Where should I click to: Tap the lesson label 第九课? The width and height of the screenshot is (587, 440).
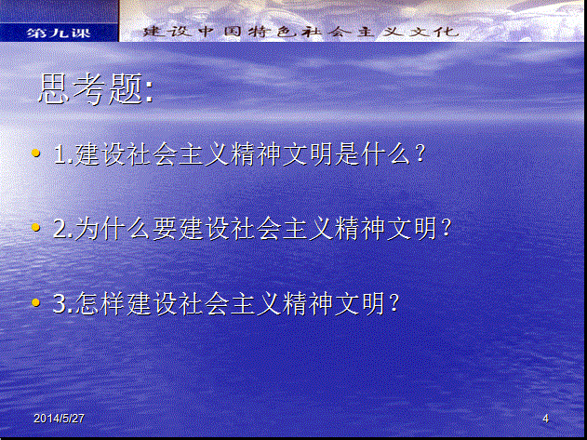59,33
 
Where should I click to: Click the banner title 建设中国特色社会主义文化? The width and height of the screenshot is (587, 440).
300,32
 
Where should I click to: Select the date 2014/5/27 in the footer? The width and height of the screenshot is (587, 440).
59,419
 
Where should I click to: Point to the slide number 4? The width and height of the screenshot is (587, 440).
546,419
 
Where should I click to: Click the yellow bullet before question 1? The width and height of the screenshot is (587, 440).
36,153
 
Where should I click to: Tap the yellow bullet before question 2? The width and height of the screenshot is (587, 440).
36,227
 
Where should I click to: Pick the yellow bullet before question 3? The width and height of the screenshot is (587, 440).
36,302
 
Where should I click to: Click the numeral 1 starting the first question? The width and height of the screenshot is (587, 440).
60,153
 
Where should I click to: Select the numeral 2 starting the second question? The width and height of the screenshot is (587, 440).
60,229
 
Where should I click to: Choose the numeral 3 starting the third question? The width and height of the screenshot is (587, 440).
60,303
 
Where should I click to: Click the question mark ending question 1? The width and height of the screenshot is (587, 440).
420,153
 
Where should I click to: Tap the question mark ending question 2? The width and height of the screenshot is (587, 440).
446,228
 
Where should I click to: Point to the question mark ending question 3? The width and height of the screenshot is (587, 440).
394,303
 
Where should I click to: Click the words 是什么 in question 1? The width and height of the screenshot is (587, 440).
373,153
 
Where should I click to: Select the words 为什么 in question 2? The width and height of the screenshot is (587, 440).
113,229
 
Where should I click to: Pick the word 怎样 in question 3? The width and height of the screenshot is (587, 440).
100,303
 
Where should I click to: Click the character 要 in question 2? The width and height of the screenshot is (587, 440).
165,229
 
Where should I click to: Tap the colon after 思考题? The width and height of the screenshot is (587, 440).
150,91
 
